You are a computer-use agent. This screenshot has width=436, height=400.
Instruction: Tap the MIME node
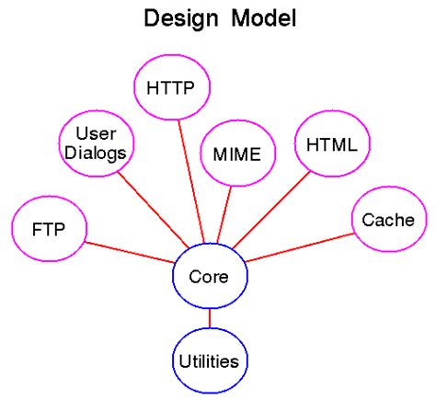click(x=237, y=153)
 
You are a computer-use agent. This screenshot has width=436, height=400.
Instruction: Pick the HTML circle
click(x=332, y=144)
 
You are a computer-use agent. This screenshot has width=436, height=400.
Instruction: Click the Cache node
click(x=388, y=220)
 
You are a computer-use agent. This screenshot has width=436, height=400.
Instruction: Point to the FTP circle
click(x=48, y=228)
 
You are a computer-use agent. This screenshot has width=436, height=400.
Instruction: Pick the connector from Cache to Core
click(x=299, y=246)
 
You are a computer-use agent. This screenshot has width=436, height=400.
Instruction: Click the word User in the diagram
click(x=95, y=133)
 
